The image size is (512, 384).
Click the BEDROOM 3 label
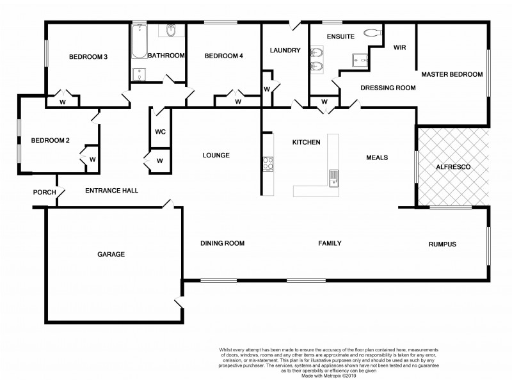(x=88, y=57)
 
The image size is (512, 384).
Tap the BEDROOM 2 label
(x=50, y=141)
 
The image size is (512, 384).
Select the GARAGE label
(x=111, y=254)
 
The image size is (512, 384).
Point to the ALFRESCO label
(x=453, y=166)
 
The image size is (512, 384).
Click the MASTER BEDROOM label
(x=452, y=74)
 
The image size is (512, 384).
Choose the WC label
(x=160, y=132)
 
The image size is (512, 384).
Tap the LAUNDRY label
(x=285, y=51)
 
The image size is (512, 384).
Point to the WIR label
(x=400, y=48)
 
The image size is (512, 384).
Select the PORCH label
(x=44, y=192)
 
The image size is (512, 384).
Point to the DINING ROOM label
(x=222, y=243)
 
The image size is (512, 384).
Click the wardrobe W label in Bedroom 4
(x=237, y=101)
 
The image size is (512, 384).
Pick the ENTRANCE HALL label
(x=112, y=191)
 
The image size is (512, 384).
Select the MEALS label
(x=378, y=157)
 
